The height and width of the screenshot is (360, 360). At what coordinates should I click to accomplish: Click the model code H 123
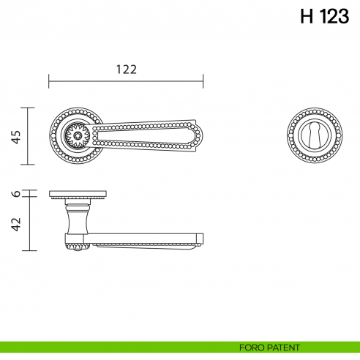click(324, 18)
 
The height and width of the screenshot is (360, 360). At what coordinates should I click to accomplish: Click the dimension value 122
click(127, 69)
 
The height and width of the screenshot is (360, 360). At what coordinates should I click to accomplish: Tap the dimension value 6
click(17, 194)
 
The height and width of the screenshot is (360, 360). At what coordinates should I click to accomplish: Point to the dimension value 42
click(17, 223)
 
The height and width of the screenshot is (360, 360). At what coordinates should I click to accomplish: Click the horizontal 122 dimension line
click(127, 80)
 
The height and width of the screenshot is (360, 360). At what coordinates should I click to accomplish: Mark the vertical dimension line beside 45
click(29, 136)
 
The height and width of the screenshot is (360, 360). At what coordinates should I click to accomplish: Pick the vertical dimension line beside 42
click(29, 224)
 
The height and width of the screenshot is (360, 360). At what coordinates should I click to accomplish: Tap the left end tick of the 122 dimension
click(49, 80)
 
